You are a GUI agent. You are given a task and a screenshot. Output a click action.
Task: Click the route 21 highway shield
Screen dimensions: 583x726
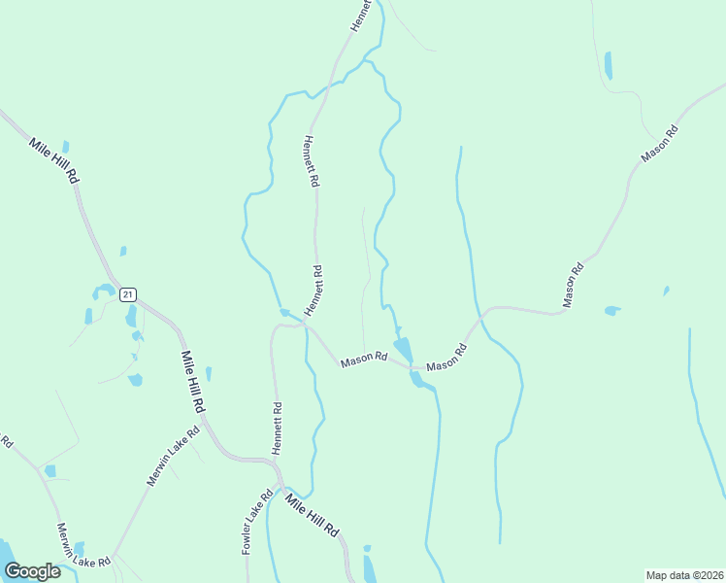coord(129,293)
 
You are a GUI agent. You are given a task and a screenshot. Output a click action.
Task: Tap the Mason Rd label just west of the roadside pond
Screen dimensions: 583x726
coord(364,359)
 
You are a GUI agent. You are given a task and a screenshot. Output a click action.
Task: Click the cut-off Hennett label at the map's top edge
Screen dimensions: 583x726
coord(361,17)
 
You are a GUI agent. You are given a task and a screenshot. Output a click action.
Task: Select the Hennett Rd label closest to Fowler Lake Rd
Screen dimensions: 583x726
coord(278,429)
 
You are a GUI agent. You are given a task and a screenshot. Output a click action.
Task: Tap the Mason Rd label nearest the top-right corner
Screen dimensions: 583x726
coord(658,145)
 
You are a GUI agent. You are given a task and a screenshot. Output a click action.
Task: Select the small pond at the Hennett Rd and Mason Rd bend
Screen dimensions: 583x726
coord(284,313)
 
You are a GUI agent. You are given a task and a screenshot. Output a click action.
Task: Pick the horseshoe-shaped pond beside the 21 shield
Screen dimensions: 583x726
coord(102,291)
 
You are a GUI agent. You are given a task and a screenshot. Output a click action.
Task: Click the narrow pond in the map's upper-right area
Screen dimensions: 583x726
coord(609,65)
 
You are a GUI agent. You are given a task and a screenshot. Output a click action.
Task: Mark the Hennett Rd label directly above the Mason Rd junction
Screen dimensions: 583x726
coord(313,290)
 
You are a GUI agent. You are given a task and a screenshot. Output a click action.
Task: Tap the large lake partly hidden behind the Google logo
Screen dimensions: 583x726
coord(5,551)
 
